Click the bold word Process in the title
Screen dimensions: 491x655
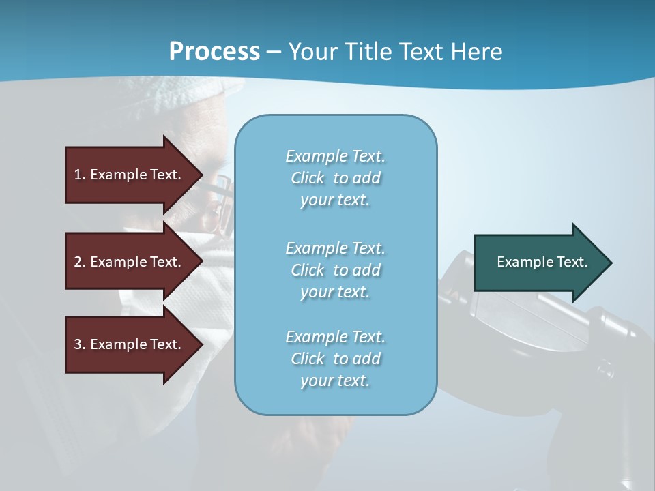(214, 52)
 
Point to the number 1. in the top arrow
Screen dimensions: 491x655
(80, 175)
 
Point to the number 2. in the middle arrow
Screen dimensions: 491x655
(80, 262)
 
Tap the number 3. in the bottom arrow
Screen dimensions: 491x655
(80, 344)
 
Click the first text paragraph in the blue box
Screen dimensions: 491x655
(335, 178)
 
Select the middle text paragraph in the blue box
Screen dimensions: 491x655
(335, 270)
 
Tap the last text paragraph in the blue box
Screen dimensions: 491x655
(335, 359)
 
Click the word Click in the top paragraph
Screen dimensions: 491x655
(308, 178)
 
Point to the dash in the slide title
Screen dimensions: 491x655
(274, 52)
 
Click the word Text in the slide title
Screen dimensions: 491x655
(419, 52)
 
